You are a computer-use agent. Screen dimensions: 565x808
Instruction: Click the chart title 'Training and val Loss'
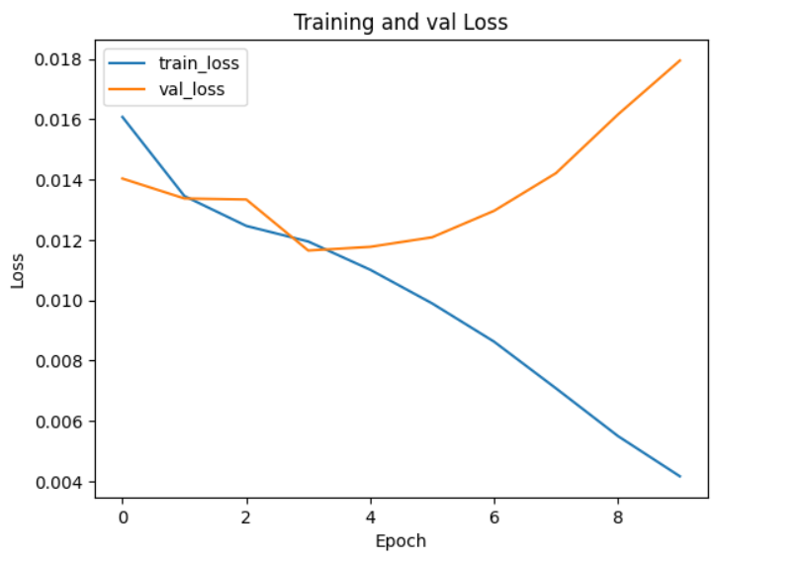click(x=401, y=22)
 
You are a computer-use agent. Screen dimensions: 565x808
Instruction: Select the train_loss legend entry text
click(x=199, y=63)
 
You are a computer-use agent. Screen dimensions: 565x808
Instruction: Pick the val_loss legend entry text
click(x=191, y=89)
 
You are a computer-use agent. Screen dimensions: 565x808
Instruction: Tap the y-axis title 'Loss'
click(x=18, y=270)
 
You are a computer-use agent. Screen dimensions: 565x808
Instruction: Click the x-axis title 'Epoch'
click(x=401, y=541)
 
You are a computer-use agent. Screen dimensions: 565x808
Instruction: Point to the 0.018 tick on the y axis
click(x=59, y=59)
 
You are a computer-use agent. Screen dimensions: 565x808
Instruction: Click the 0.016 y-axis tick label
click(x=59, y=120)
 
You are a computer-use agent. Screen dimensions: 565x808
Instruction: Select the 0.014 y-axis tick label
click(x=59, y=180)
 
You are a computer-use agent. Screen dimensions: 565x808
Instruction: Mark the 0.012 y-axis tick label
click(x=59, y=240)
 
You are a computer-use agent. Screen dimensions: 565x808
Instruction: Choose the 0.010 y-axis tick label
click(x=59, y=301)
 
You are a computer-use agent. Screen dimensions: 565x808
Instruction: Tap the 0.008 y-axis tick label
click(x=59, y=361)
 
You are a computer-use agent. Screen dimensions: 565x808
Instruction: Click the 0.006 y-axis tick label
click(x=59, y=422)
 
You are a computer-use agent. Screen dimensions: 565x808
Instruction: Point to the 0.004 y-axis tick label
click(x=59, y=482)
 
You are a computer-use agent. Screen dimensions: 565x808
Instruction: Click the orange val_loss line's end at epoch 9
click(x=680, y=60)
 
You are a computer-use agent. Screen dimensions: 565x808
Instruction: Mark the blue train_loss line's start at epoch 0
click(x=123, y=117)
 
